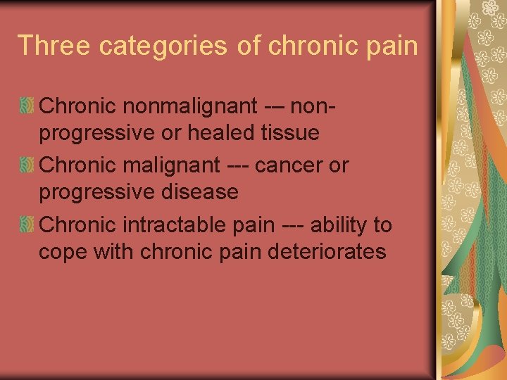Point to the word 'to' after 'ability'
[382, 224]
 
